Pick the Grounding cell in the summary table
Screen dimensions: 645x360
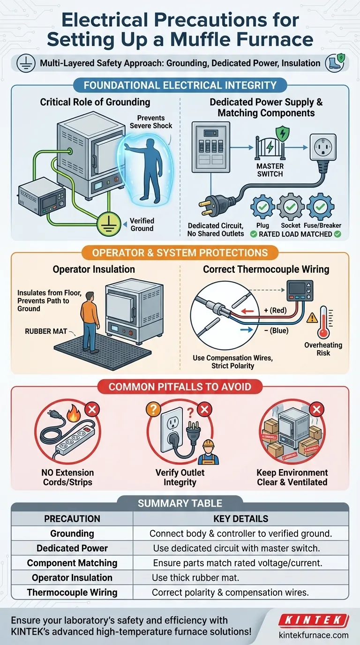coord(72,533)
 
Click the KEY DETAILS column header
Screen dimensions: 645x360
coord(240,519)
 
